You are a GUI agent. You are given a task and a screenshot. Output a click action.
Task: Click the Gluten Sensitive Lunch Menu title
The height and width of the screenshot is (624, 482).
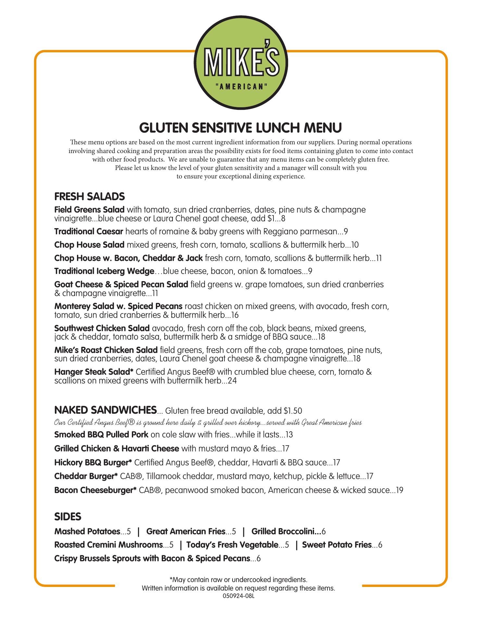point(241,128)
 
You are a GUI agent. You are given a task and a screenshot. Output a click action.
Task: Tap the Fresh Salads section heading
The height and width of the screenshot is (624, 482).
point(89,197)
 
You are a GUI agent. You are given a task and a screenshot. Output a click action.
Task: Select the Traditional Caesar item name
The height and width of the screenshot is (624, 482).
point(89,232)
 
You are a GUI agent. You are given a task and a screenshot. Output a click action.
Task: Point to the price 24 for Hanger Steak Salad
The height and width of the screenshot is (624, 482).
point(232,381)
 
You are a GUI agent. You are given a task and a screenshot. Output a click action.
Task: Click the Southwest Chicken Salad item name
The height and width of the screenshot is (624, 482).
point(102,329)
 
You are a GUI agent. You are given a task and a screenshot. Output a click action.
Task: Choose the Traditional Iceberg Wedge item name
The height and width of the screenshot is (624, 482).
point(104,271)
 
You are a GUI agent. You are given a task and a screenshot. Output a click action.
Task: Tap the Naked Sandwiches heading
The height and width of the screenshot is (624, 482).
point(105,410)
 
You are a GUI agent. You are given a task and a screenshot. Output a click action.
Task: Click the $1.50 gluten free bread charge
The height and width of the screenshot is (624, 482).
point(293,411)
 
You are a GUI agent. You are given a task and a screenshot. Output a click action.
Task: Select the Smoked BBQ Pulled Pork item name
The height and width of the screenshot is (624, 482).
point(101,435)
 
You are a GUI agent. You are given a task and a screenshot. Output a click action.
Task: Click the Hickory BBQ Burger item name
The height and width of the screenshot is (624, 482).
point(93,462)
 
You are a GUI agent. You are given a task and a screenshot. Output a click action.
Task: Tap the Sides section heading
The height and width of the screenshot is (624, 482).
point(68,517)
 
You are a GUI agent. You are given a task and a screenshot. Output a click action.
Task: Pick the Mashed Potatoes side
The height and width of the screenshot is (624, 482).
point(87,532)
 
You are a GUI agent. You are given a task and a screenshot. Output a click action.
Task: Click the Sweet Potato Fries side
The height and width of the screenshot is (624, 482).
point(337,545)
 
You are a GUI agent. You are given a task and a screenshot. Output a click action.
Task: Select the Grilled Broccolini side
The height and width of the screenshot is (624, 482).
point(286,532)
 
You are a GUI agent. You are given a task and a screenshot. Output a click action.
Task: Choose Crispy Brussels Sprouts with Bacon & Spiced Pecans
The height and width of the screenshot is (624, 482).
point(152,559)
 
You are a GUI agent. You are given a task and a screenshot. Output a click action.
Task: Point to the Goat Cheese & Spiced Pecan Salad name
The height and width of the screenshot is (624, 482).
point(121,285)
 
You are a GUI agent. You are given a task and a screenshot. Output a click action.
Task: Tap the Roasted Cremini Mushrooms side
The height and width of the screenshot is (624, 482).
point(108,545)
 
